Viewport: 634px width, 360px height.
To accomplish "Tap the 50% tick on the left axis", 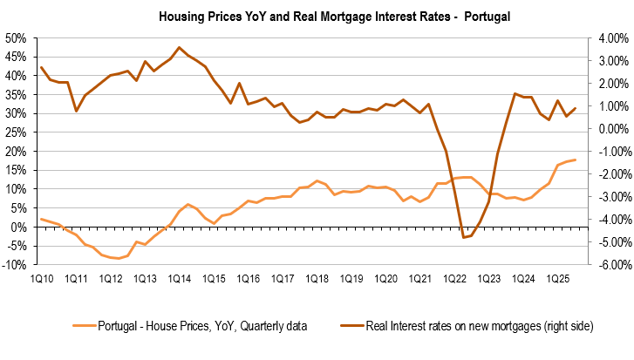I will (x=16, y=38).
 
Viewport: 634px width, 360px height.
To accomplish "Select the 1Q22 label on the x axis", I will (x=455, y=279).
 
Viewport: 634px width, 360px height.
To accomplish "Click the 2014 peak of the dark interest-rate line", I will (x=179, y=47).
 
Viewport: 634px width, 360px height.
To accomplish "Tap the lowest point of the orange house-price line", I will (x=119, y=259).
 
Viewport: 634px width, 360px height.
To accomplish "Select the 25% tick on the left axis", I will (x=16, y=132).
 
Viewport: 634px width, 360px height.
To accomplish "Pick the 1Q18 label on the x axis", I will (x=317, y=279).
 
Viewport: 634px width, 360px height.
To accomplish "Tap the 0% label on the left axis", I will (x=19, y=228).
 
